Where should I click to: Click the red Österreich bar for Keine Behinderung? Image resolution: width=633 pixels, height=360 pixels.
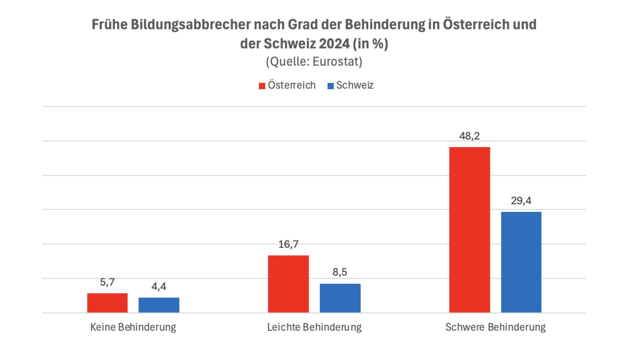pyautogui.click(x=107, y=303)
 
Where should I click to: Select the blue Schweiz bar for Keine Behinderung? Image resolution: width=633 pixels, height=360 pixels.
pyautogui.click(x=159, y=305)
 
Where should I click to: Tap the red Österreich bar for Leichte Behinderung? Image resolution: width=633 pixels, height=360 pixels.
pyautogui.click(x=288, y=284)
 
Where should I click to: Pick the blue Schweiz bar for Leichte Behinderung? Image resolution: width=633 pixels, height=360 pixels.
pyautogui.click(x=340, y=298)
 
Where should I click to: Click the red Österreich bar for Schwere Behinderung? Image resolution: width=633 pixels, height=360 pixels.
pyautogui.click(x=469, y=230)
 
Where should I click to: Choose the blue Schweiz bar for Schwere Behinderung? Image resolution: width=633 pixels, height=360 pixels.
pyautogui.click(x=521, y=262)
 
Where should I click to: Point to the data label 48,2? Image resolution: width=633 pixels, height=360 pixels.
pyautogui.click(x=469, y=136)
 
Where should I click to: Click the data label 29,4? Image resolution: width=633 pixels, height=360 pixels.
pyautogui.click(x=521, y=200)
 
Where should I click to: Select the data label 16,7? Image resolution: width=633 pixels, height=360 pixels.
pyautogui.click(x=288, y=244)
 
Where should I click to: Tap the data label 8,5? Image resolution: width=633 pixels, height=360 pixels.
pyautogui.click(x=340, y=272)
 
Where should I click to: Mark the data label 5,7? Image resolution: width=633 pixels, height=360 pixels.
pyautogui.click(x=107, y=282)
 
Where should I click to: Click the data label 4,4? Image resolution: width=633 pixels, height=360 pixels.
pyautogui.click(x=159, y=286)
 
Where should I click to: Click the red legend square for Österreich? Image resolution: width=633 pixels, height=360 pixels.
pyautogui.click(x=262, y=86)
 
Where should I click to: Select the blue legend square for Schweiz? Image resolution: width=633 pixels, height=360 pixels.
pyautogui.click(x=331, y=86)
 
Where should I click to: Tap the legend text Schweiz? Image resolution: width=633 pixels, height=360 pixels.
pyautogui.click(x=355, y=85)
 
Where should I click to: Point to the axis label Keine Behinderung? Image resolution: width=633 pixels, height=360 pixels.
pyautogui.click(x=133, y=327)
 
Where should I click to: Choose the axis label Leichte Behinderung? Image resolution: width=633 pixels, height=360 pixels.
pyautogui.click(x=314, y=327)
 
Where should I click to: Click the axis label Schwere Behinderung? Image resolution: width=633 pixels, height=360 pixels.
pyautogui.click(x=495, y=327)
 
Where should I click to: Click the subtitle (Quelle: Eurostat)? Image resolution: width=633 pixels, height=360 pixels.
pyautogui.click(x=314, y=61)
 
